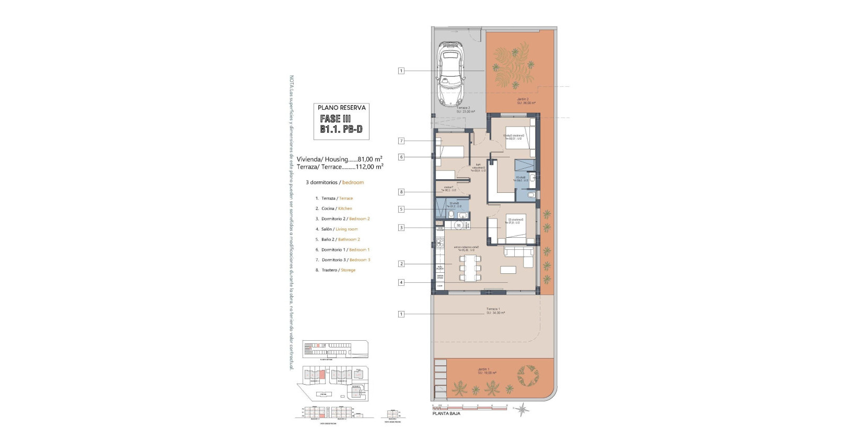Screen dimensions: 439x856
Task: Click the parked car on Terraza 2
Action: click(451, 74)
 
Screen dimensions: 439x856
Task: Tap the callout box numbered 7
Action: click(401, 141)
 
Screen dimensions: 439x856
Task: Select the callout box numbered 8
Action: click(401, 192)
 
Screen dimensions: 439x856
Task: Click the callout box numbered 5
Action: click(401, 209)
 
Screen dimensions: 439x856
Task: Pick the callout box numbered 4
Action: click(401, 282)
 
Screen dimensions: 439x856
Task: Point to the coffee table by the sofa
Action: click(508, 270)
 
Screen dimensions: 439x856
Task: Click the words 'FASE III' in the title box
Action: click(335, 119)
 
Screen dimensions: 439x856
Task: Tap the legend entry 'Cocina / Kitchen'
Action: click(337, 209)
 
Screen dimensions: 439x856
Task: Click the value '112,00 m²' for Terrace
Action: click(369, 167)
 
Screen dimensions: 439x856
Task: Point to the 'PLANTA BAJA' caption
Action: click(446, 414)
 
